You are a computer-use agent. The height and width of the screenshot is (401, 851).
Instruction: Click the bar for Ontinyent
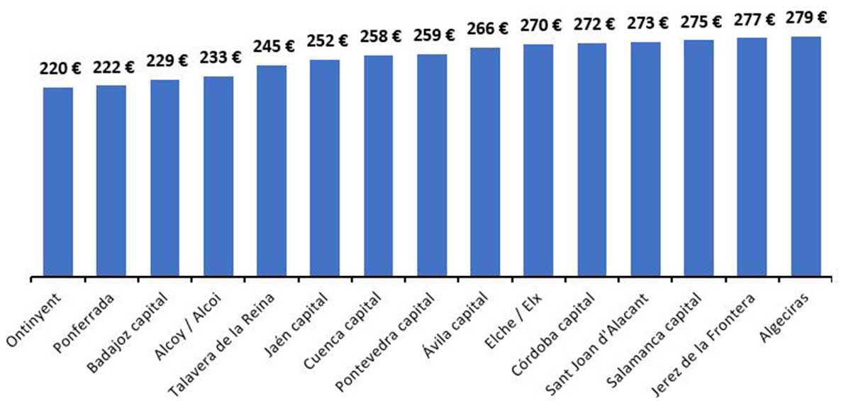[58, 182]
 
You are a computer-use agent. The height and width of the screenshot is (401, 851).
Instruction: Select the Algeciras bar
[806, 156]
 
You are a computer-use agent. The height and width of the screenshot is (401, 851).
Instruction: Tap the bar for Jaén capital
[325, 168]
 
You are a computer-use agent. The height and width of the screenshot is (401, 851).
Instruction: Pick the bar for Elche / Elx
[538, 160]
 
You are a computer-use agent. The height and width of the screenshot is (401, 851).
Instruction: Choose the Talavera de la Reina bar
[272, 171]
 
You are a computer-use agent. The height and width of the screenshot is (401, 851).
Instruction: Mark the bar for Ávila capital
[485, 162]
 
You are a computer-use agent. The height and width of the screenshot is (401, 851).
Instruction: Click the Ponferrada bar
[111, 181]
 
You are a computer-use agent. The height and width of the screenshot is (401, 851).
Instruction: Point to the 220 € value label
[60, 69]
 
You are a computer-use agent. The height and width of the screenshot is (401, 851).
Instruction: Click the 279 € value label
[807, 18]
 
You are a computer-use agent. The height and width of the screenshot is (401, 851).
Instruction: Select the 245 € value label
[274, 47]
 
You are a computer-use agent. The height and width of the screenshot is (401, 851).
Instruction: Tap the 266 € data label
[487, 29]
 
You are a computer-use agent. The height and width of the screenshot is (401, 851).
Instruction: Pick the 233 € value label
[221, 57]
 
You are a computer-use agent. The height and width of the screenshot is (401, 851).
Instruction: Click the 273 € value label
[647, 23]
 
